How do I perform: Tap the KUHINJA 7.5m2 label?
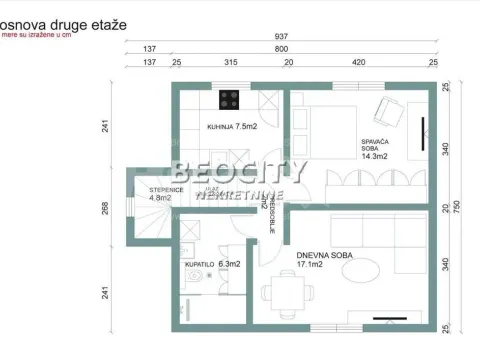point(231,128)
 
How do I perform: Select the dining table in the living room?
point(287,294)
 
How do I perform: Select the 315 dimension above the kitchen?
point(232,62)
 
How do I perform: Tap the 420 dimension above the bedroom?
point(358,62)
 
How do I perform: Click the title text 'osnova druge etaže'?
point(64,22)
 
